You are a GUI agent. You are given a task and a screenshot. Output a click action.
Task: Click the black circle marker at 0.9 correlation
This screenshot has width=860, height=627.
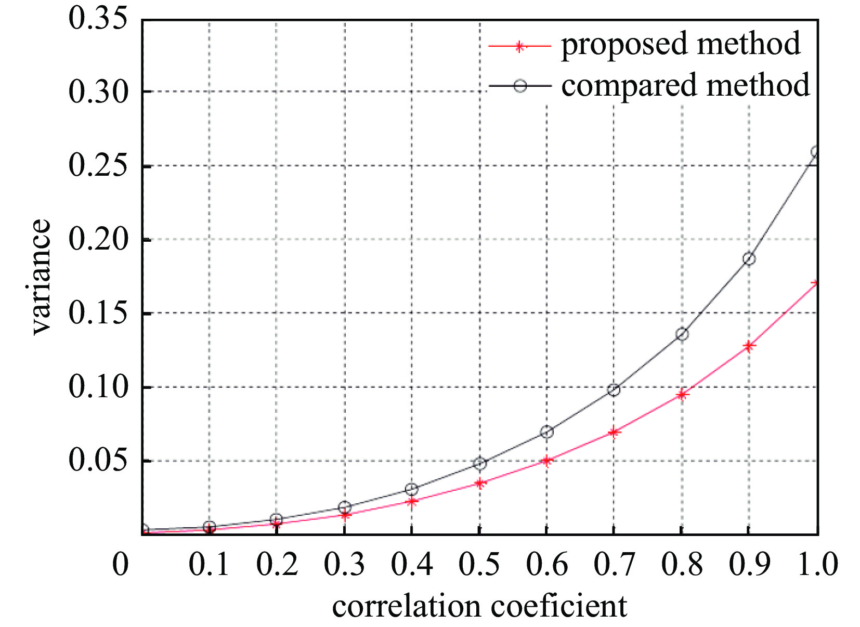[749, 258]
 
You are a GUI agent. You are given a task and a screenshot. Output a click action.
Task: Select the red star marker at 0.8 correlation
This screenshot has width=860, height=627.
[682, 395]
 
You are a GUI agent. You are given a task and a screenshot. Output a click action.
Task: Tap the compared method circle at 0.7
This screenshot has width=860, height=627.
[614, 389]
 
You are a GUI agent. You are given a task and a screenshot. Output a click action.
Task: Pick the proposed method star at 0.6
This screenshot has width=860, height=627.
[546, 460]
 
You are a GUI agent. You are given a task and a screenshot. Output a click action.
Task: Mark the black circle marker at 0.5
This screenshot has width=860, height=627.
[479, 463]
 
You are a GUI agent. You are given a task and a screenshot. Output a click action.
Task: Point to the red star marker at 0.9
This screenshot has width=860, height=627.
[749, 346]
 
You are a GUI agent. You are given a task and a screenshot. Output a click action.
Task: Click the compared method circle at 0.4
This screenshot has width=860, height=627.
[411, 489]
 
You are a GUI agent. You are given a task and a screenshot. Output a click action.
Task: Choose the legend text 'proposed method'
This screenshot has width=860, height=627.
[681, 44]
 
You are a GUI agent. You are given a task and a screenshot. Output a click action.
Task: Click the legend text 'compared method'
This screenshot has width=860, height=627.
[685, 85]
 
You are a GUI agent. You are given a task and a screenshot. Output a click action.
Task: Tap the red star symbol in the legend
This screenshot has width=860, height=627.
[518, 46]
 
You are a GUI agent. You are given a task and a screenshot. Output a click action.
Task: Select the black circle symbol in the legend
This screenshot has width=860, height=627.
[520, 86]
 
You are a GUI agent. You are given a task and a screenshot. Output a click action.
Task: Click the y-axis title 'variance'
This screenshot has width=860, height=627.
[41, 277]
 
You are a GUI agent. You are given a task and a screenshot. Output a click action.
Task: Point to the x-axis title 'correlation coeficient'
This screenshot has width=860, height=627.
[479, 606]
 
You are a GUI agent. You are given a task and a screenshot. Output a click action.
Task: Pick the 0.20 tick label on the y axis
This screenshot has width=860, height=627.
[98, 240]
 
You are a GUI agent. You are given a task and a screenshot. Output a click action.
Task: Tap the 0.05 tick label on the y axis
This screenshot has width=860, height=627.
[98, 461]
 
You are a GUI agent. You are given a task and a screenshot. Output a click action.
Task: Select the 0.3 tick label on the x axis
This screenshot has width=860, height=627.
[344, 564]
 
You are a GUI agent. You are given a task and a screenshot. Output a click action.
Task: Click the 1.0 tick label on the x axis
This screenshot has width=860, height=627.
[817, 564]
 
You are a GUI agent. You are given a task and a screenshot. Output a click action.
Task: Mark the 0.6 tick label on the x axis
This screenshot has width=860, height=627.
[546, 564]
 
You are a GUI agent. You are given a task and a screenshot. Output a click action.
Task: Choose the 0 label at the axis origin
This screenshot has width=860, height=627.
[121, 564]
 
